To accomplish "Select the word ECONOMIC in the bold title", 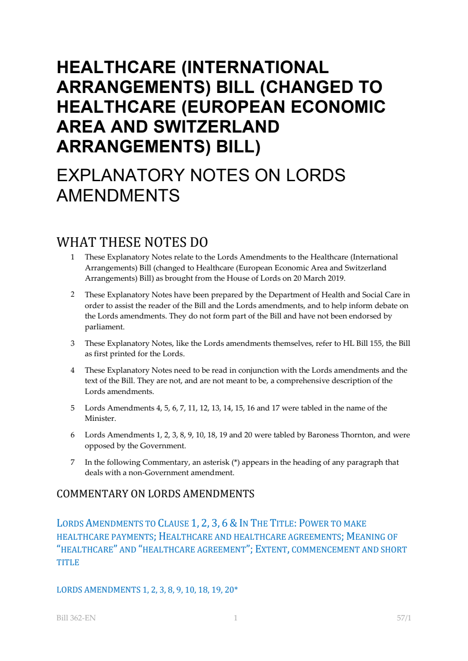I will click(338, 107).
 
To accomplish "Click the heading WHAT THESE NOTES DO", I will click(132, 242).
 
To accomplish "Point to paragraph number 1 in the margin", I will click(72, 257).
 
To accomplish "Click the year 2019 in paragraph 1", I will click(336, 278).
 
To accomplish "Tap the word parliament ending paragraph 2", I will click(104, 327).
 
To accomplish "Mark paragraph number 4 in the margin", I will click(72, 370).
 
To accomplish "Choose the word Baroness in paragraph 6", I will click(324, 435).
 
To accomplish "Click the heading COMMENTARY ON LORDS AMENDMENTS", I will click(155, 494).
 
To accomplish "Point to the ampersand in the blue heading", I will click(233, 523).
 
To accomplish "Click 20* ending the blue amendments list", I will click(231, 590).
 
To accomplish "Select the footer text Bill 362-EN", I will click(76, 618).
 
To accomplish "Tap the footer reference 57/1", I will click(404, 618).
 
